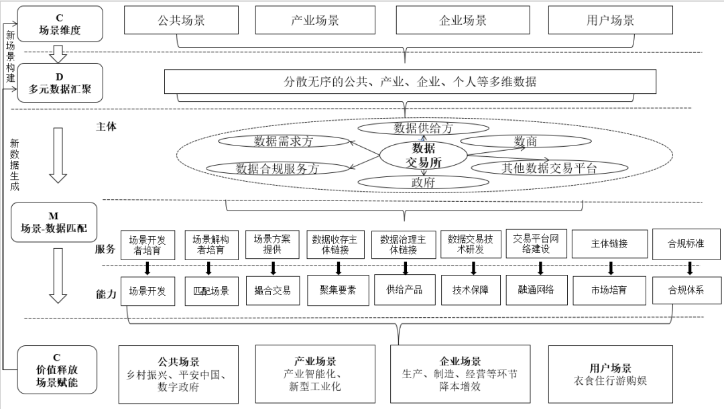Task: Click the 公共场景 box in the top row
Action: tap(177, 20)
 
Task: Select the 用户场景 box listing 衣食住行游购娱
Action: tap(610, 374)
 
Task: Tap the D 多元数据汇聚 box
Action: tap(60, 82)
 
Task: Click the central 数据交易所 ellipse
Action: tap(423, 156)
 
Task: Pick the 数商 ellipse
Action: tap(525, 141)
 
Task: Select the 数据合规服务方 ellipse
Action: tap(277, 168)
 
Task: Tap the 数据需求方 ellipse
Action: tap(284, 141)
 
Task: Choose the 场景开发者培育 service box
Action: tap(147, 245)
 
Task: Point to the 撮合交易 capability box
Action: tap(273, 291)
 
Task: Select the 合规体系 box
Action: tap(686, 291)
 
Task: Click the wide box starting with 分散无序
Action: tap(410, 82)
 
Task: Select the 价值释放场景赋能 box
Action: tap(57, 369)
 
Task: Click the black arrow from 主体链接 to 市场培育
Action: tap(611, 268)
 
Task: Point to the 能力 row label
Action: tap(106, 294)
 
